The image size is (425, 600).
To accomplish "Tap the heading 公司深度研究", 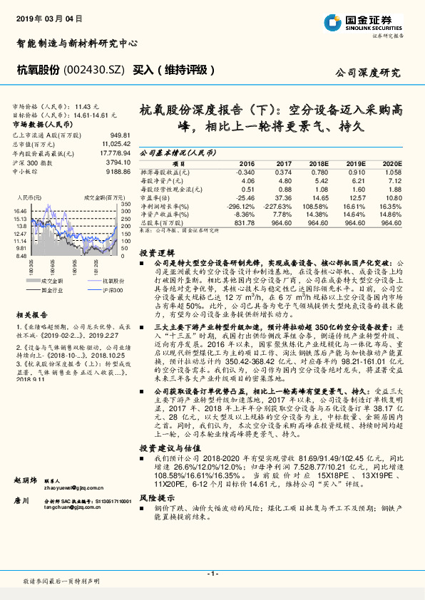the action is [x=367, y=73].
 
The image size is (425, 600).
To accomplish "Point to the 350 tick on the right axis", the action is [x=125, y=205].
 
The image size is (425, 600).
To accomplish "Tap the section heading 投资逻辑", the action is [x=156, y=254].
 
